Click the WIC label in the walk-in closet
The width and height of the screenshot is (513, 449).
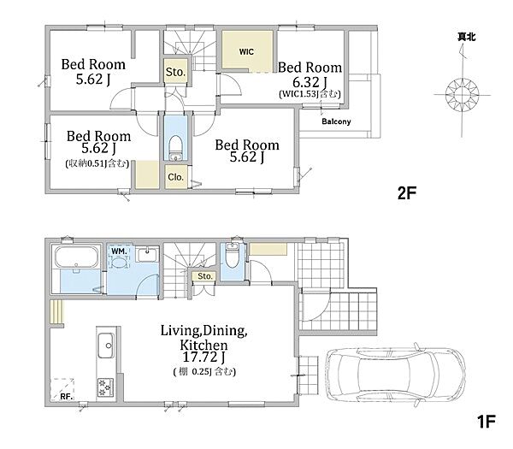coord(246,51)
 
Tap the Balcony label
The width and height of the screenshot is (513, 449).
coord(336,121)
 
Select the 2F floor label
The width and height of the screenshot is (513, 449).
coord(407,193)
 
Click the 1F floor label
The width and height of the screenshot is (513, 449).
coord(486,422)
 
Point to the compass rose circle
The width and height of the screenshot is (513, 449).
coord(462,95)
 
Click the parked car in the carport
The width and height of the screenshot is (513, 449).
coord(396,373)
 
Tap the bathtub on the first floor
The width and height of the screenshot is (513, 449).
coord(77,257)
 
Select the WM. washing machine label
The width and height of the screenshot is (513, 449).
coord(119,251)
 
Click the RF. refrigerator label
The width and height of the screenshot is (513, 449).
coord(67,396)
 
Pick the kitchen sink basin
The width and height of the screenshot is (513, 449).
coord(106,346)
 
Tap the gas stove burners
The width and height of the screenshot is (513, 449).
coord(105,387)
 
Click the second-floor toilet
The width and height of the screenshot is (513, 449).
coord(176,148)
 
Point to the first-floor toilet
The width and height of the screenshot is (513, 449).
coord(233,257)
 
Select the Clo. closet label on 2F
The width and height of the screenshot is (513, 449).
coord(175,177)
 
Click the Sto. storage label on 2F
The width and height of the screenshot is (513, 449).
coord(175,72)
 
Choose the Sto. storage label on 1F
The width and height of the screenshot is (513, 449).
coord(205,276)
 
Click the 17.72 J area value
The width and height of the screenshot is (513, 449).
coord(203,357)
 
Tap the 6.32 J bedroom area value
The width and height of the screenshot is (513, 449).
coord(310,82)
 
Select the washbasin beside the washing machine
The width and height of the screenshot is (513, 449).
coord(148,254)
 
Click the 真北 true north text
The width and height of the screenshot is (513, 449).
coord(467,37)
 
